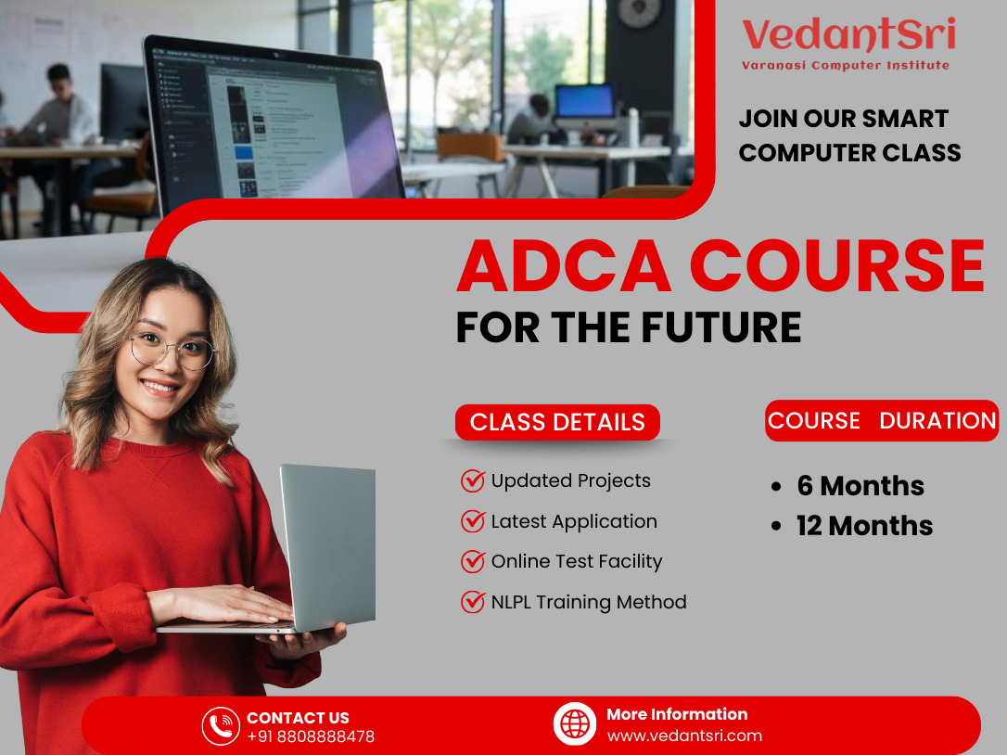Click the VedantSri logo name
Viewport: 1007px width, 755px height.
(848, 35)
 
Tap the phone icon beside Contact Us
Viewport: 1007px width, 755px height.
(221, 726)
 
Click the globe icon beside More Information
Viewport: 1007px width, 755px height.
(575, 723)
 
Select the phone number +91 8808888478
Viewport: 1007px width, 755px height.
(311, 736)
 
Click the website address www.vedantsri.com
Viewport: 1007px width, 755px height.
(684, 736)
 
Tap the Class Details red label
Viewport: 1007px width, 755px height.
(557, 422)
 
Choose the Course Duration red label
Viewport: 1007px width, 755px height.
(882, 420)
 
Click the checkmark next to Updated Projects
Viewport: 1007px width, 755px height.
(473, 480)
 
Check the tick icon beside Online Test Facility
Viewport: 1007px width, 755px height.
(473, 561)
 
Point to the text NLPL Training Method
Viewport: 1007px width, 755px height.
(589, 602)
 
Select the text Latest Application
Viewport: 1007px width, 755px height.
(574, 521)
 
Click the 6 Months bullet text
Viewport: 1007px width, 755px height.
(860, 486)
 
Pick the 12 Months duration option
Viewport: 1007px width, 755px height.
(864, 526)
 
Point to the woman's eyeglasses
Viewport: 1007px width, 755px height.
(172, 350)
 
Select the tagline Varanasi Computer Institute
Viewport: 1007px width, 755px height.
(846, 65)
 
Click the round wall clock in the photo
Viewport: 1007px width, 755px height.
(641, 12)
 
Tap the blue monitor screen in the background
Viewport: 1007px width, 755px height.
(584, 100)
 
